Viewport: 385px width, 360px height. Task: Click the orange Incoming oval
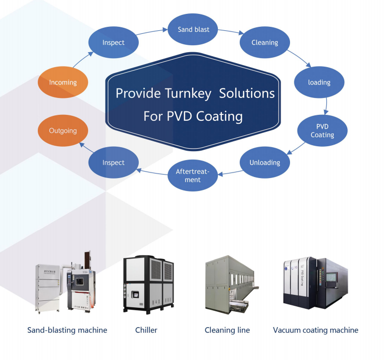[63, 82]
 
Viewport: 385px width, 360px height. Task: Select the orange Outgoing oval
[63, 131]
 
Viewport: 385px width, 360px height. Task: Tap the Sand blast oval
[193, 29]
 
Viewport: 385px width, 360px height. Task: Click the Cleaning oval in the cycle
[265, 43]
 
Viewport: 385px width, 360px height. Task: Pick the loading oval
[319, 82]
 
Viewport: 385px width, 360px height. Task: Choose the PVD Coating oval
[322, 131]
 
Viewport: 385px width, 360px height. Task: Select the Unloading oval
[265, 163]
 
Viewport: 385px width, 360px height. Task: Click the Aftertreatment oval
[192, 176]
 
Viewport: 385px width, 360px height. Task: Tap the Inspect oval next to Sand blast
[113, 43]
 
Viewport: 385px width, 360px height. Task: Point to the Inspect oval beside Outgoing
[113, 163]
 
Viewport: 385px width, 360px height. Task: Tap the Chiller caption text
[146, 330]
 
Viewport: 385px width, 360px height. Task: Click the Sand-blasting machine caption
[67, 330]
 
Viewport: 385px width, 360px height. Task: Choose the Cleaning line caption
[227, 330]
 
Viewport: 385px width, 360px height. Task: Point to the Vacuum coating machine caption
[315, 330]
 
